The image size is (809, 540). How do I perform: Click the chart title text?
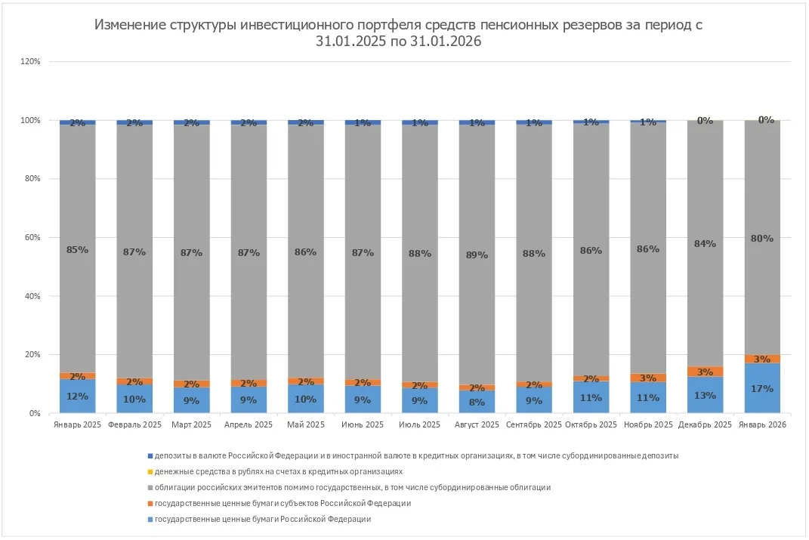(398, 33)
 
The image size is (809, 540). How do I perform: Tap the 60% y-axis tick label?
(32, 238)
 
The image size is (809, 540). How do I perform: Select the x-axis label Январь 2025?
(77, 425)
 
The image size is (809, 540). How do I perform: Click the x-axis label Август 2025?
(477, 425)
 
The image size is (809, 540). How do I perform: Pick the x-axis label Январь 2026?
(762, 425)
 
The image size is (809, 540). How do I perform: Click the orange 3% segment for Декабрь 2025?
(705, 372)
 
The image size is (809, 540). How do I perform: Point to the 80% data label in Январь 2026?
(762, 239)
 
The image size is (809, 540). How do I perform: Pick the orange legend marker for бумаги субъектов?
(150, 503)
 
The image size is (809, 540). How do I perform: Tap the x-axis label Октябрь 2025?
(591, 425)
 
